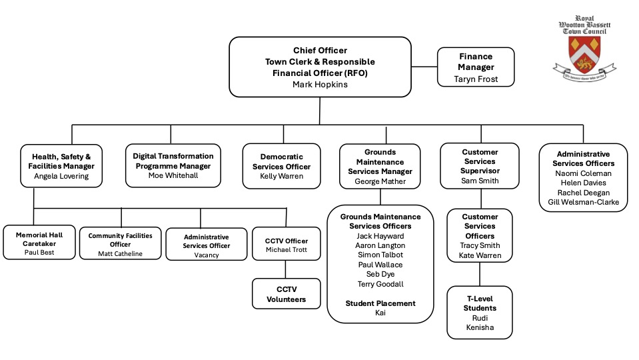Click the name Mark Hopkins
(320, 84)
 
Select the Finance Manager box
(475, 67)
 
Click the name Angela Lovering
(61, 177)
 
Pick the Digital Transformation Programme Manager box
(173, 165)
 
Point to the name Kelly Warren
(281, 177)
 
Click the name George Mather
(380, 181)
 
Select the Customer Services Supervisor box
(480, 167)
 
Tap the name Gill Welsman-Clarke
(583, 202)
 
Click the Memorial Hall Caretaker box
(37, 243)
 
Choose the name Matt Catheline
(121, 254)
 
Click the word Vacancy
(206, 255)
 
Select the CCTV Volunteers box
(286, 294)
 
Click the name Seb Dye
(380, 274)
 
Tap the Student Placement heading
(380, 303)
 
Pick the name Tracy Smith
(480, 246)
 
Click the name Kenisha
(480, 327)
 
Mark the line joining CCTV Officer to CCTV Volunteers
(286, 269)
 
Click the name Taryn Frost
(475, 79)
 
